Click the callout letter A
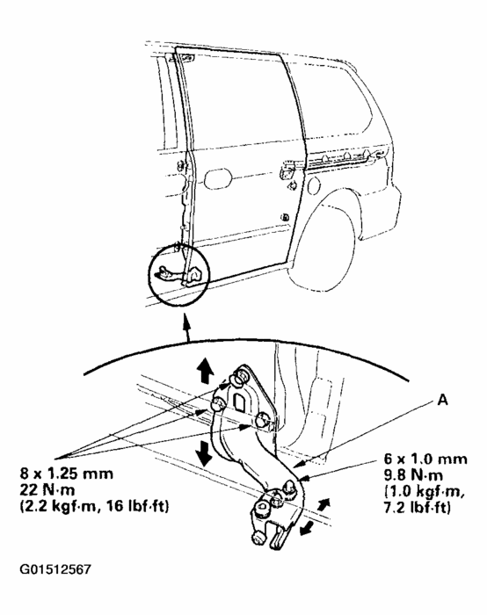[x=442, y=400]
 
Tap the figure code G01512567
[x=55, y=569]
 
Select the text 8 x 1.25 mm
[x=67, y=474]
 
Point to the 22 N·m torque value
[x=47, y=490]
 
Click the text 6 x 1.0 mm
[x=425, y=459]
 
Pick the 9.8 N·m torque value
[x=413, y=475]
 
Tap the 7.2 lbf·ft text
[x=417, y=508]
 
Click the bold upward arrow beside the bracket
[x=205, y=372]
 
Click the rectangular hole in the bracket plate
[x=239, y=402]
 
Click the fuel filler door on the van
[x=314, y=185]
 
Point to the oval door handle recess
[x=219, y=178]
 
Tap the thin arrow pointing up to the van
[x=186, y=327]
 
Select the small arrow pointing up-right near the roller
[x=323, y=504]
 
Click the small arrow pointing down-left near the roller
[x=307, y=527]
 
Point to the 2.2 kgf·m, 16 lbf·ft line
[x=95, y=506]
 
